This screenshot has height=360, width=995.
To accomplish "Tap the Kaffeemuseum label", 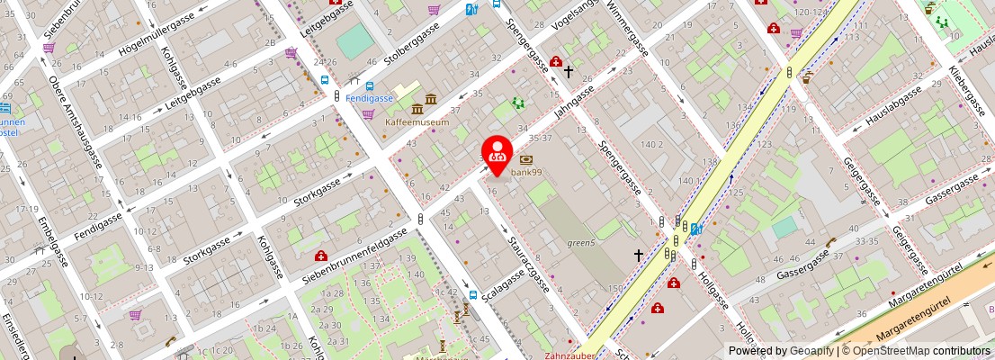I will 417,121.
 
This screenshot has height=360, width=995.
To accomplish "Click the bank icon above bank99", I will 526,159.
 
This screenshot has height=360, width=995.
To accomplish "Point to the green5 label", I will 581,243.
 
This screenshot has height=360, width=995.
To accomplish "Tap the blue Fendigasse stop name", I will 369,97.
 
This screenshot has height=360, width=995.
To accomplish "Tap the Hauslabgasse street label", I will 892,105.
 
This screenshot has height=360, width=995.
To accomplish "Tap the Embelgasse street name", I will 49,238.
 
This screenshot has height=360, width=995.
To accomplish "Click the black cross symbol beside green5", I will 639,256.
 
